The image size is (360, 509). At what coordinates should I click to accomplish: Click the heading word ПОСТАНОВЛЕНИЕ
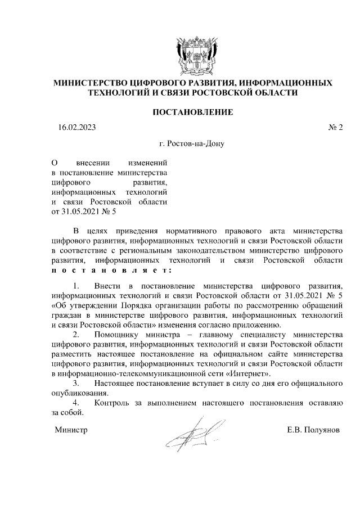(x=192, y=112)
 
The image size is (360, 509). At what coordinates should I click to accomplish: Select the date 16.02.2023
(x=77, y=128)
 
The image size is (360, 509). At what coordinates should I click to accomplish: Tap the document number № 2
(x=335, y=128)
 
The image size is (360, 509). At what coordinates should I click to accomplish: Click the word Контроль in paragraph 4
(x=113, y=403)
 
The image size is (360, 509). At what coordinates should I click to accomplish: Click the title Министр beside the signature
(x=71, y=430)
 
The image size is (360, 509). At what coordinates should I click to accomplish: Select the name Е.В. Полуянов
(x=313, y=430)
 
